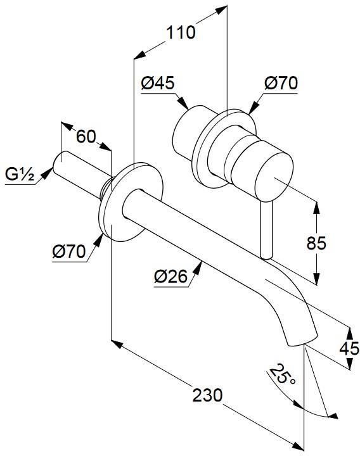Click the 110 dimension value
pos(181,32)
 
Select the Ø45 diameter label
pos(158,83)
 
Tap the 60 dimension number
pos(86,136)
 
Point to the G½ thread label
pos(20,175)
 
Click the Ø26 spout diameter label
pos(171,276)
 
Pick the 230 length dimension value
pos(207,395)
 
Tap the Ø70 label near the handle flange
pos(281,83)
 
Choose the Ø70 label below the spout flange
pos(69,251)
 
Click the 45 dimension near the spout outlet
pos(349,348)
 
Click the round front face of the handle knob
pos(274,177)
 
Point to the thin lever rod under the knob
pos(266,229)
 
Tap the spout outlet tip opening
pos(302,342)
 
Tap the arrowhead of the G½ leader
pos(46,174)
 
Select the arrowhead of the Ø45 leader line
pos(183,103)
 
